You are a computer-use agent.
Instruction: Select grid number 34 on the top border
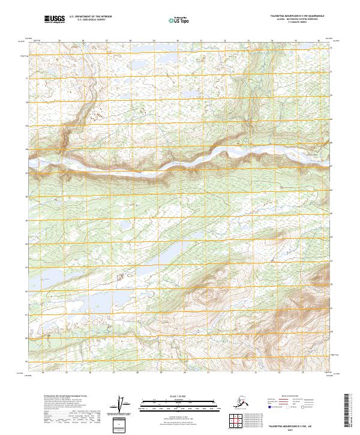272,40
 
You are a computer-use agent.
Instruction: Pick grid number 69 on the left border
27,126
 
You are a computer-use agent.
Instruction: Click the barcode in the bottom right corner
351,411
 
